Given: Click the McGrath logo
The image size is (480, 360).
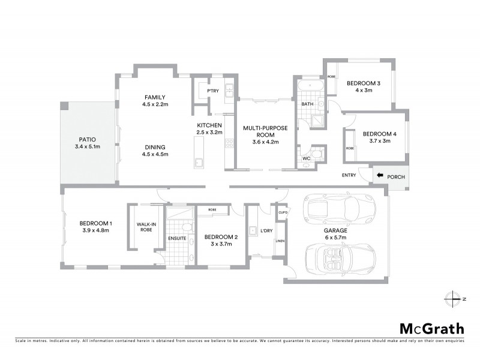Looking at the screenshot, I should [432, 328].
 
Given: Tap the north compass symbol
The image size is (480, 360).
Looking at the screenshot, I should [452, 298].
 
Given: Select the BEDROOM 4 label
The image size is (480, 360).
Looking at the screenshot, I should [376, 133].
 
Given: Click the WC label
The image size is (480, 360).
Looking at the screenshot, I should [307, 158].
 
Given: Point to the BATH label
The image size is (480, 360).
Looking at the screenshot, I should [307, 104].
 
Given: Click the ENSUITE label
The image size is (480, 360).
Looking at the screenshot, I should [177, 238].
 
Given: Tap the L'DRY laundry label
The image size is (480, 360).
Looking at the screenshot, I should [266, 230].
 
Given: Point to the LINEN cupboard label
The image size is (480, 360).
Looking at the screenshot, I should [280, 241].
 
